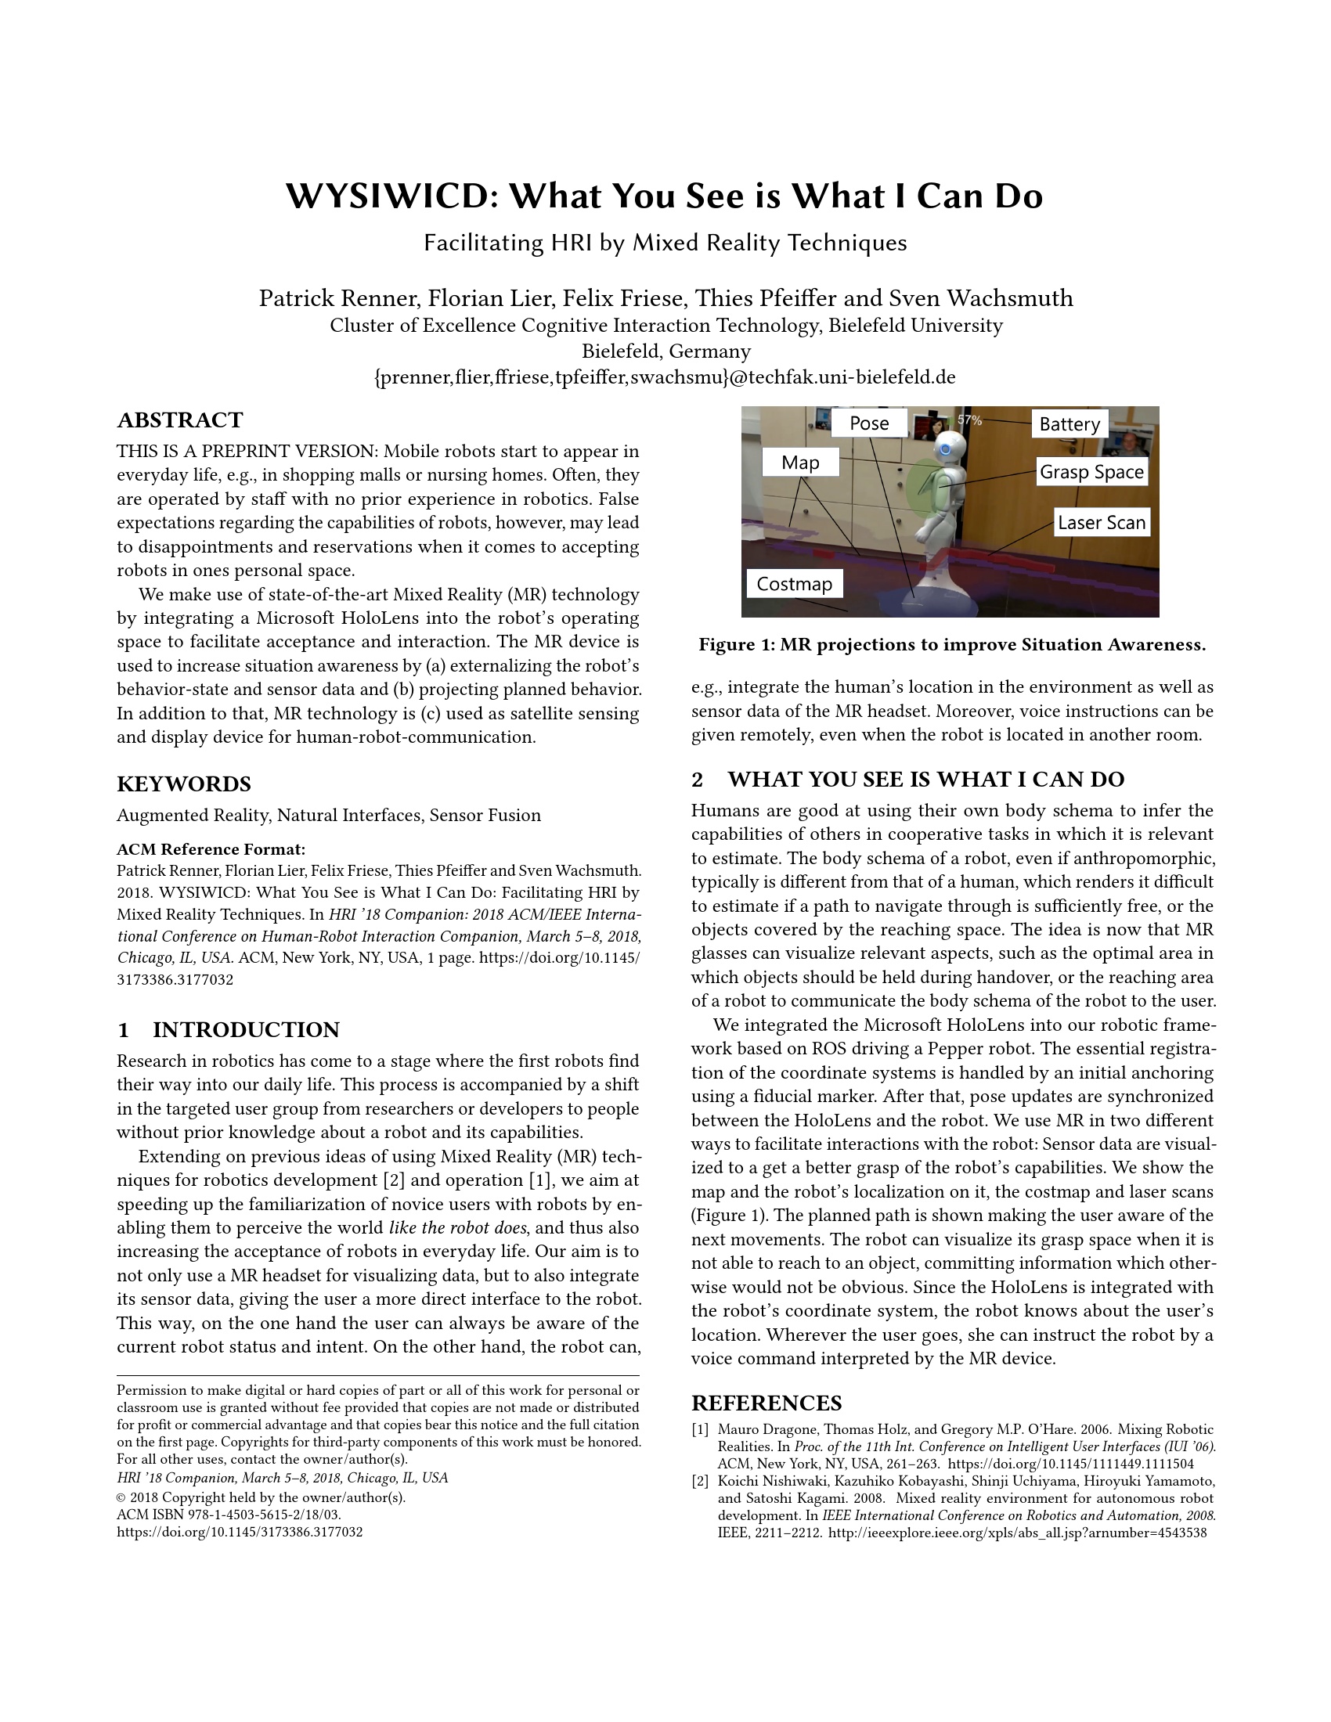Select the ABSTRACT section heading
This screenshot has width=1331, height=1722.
(180, 420)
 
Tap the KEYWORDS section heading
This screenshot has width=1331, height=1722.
(184, 784)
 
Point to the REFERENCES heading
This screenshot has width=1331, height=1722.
(766, 1403)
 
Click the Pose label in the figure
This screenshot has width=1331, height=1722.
(869, 423)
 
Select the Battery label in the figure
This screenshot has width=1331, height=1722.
(1069, 424)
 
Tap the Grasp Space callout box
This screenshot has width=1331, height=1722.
(1091, 471)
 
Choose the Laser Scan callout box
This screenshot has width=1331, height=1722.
(1101, 522)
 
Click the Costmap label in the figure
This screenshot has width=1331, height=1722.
(794, 583)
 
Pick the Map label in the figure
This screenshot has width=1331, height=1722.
(800, 462)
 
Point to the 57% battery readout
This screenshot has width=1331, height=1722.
(970, 420)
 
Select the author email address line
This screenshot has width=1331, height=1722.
(665, 377)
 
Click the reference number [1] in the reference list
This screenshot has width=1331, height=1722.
(700, 1429)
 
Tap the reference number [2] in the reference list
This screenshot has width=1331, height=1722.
(700, 1481)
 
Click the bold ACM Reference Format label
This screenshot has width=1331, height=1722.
(211, 849)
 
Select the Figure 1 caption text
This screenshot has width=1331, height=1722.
(952, 645)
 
